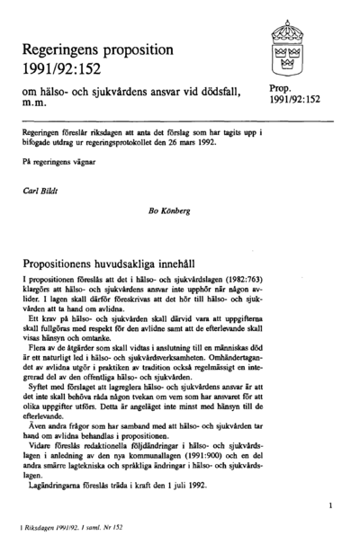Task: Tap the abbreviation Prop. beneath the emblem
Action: (x=280, y=87)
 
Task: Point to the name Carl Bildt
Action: (x=40, y=192)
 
